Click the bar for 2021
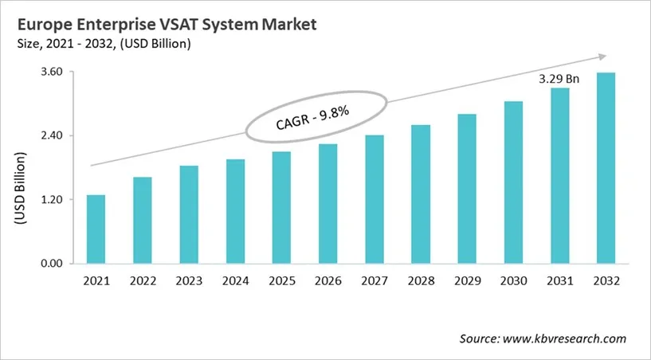[x=96, y=229]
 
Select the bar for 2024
[x=235, y=211]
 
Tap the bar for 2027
[x=375, y=199]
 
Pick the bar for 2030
[x=514, y=182]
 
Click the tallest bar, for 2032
[x=606, y=168]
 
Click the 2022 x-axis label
[x=142, y=282]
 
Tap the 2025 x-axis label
[x=281, y=282]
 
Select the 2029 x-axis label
[x=467, y=282]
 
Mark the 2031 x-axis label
[x=560, y=282]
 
